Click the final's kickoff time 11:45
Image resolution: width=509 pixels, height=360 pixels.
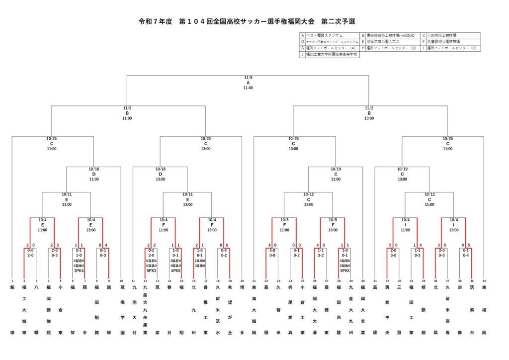tap(248, 88)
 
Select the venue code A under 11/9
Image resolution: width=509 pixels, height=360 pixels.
tap(248, 83)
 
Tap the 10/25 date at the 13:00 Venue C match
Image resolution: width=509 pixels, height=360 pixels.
tap(206, 139)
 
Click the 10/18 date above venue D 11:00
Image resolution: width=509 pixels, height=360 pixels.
tap(94, 169)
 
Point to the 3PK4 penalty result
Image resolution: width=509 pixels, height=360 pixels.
tap(79, 270)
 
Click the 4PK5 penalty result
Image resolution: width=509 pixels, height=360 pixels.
tap(175, 270)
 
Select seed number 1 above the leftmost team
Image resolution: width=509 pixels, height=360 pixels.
tap(12, 281)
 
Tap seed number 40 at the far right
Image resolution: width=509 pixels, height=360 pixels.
tap(483, 281)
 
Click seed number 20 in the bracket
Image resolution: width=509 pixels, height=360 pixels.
tap(242, 281)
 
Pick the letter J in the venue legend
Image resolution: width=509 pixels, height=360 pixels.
tap(302, 55)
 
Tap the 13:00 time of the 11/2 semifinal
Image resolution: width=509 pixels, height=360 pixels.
tap(369, 118)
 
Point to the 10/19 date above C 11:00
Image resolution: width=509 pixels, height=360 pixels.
tap(336, 169)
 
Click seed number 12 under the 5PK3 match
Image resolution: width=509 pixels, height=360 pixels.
tap(145, 281)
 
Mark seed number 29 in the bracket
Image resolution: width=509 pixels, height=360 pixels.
tap(351, 281)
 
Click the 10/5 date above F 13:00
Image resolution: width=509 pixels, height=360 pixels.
tap(333, 219)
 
